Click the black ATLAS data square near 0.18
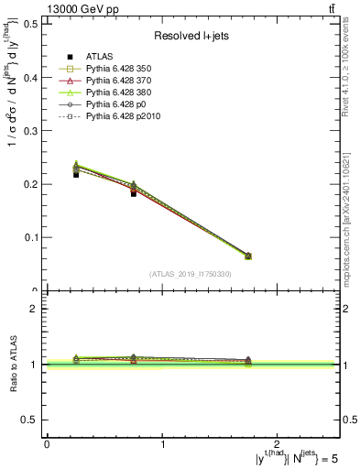[134, 193]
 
